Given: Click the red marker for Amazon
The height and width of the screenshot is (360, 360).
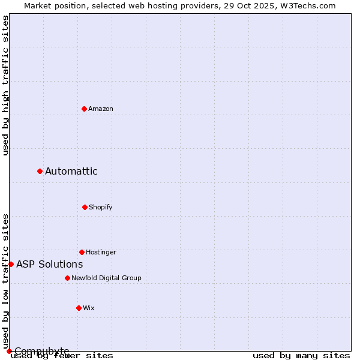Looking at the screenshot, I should point(84,109).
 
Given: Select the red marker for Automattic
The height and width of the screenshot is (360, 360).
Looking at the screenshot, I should point(40,172).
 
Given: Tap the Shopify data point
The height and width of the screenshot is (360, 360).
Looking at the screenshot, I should point(85,207).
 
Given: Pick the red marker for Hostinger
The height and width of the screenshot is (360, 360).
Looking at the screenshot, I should point(82,252).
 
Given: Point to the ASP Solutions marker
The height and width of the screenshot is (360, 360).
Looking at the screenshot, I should point(11,264).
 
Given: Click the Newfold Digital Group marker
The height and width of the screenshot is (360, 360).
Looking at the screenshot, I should point(67,278).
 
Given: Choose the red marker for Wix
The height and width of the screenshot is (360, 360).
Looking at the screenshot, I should point(79,308).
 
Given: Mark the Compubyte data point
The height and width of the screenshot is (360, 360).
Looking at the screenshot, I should point(9,351).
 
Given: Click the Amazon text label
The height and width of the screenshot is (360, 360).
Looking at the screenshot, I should point(101,109).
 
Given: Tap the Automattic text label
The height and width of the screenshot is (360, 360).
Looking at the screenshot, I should point(71,172).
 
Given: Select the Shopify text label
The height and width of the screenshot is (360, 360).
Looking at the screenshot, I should point(101,207).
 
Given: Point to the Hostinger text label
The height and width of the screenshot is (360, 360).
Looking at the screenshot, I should point(101,252).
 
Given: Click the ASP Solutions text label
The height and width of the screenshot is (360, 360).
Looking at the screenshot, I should point(50,264).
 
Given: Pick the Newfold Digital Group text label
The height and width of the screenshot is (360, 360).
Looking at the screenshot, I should point(106,278).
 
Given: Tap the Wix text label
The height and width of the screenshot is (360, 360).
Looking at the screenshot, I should point(89,308).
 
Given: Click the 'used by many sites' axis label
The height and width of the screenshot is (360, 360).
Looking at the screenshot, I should point(301,355).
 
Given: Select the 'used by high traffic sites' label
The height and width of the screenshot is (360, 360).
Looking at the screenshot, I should point(5,85).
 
